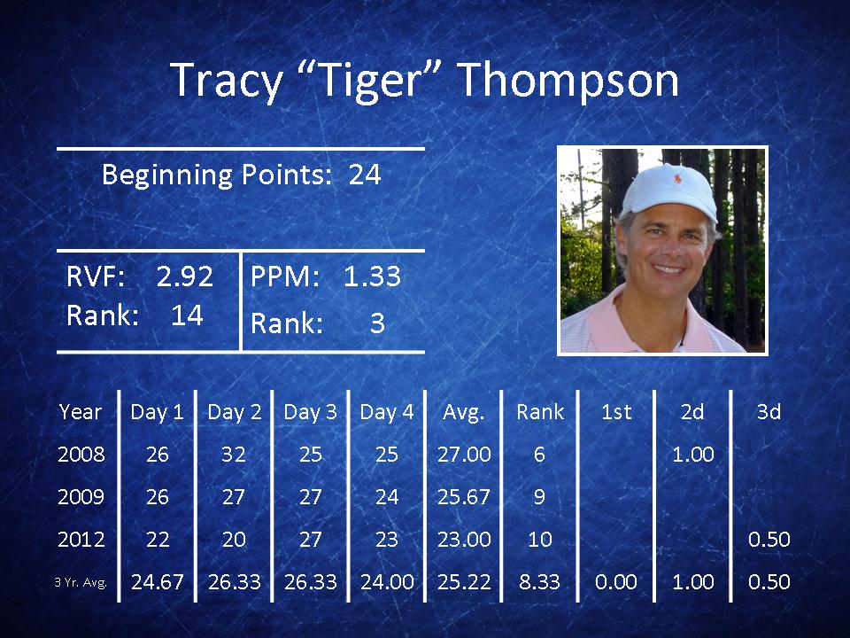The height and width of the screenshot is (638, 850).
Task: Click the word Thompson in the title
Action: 569,81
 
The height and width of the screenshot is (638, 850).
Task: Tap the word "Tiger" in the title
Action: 370,82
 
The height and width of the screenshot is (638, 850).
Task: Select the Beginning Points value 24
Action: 365,175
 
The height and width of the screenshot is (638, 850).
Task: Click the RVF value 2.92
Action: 185,276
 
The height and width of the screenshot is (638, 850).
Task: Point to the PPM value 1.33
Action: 372,276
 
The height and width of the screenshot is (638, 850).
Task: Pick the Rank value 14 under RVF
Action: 187,315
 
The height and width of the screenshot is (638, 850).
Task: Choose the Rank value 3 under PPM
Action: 377,323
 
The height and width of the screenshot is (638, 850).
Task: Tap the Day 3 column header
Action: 311,412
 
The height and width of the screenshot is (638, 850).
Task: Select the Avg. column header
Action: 463,413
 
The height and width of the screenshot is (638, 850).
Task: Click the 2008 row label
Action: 81,454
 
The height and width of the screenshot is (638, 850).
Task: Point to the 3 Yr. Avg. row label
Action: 81,583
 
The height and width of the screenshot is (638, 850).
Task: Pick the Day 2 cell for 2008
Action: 234,454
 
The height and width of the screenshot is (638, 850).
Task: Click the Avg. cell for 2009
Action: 464,497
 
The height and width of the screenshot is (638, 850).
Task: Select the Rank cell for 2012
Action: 540,540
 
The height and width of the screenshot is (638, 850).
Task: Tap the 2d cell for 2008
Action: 693,454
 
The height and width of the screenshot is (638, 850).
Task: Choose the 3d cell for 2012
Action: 769,540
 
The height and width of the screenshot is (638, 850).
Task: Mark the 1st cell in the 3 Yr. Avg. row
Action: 616,582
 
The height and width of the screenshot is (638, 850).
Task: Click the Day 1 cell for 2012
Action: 158,540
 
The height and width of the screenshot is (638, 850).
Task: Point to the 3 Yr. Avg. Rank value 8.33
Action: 539,582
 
